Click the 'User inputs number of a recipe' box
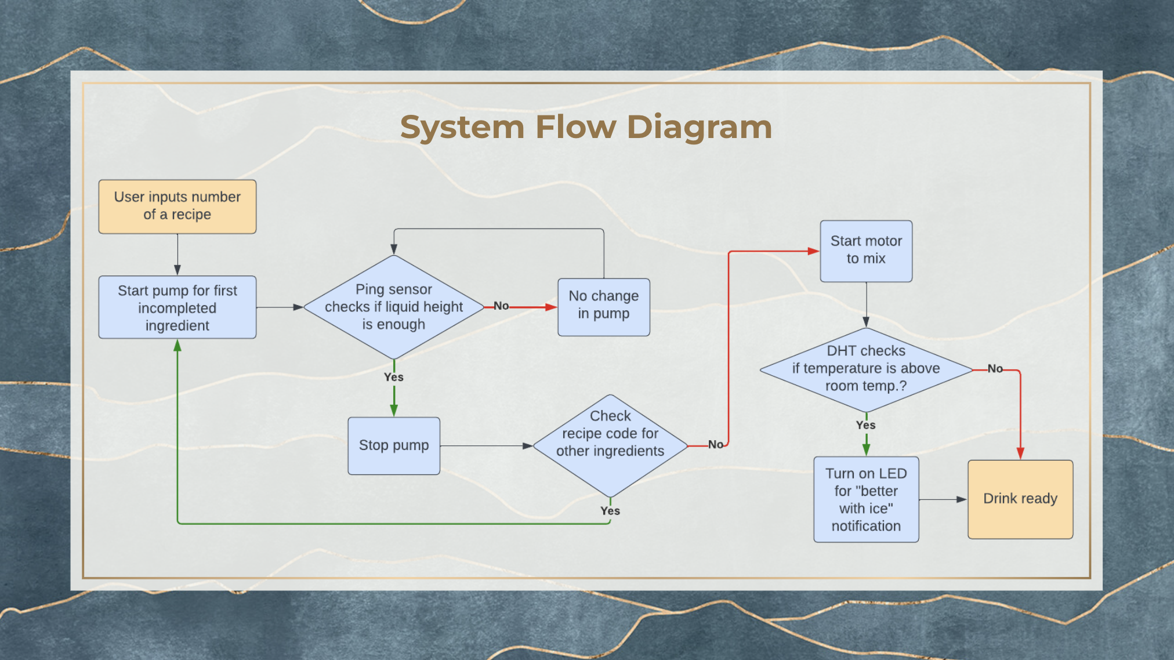click(x=177, y=206)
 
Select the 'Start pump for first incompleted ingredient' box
click(x=177, y=307)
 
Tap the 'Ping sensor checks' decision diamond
click(x=394, y=307)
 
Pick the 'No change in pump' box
click(x=604, y=307)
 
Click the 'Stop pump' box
click(x=394, y=446)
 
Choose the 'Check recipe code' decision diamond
click(x=610, y=446)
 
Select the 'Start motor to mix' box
click(x=866, y=251)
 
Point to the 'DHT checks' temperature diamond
click(x=866, y=370)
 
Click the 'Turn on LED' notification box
click(x=866, y=499)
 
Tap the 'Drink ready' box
click(x=1020, y=499)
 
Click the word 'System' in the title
click(x=462, y=127)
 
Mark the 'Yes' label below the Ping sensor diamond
click(x=394, y=377)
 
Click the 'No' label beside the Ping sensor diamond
click(x=501, y=306)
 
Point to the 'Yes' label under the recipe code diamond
click(x=610, y=511)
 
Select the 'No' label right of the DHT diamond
click(x=995, y=368)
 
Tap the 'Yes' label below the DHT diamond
click(x=866, y=425)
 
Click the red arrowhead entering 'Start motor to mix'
click(x=814, y=251)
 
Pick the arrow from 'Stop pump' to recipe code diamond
click(x=487, y=446)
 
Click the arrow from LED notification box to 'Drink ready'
click(x=943, y=499)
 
